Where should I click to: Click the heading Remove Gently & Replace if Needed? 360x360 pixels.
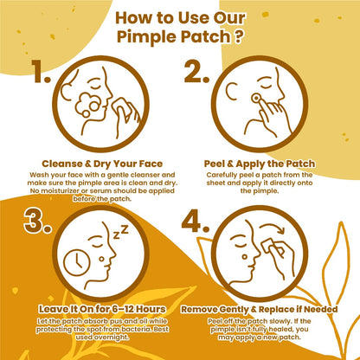[x=260, y=309]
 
